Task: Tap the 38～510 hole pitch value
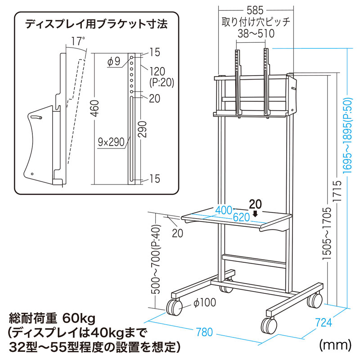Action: pyautogui.click(x=255, y=33)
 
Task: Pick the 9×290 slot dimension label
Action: pyautogui.click(x=111, y=143)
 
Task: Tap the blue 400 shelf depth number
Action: pyautogui.click(x=223, y=210)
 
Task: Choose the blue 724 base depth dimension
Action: pyautogui.click(x=324, y=322)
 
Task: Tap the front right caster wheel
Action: pyautogui.click(x=268, y=324)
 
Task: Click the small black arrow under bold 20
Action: pyautogui.click(x=255, y=214)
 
